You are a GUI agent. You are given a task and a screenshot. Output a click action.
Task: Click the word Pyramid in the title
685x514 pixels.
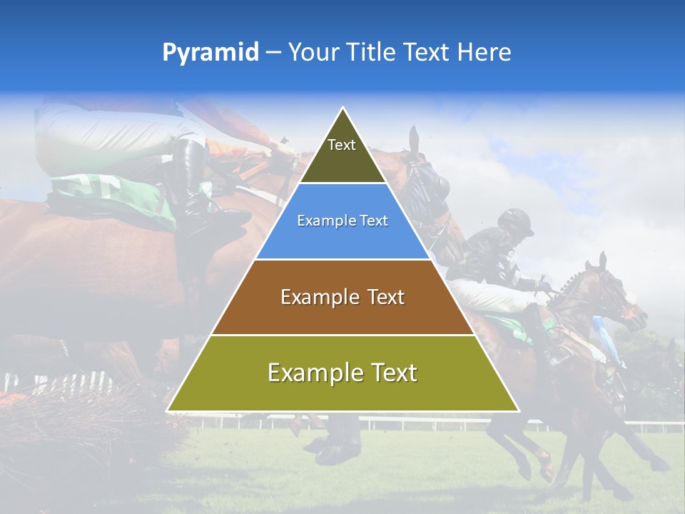click(x=210, y=53)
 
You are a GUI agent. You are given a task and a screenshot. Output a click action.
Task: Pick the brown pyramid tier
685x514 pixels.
click(x=342, y=298)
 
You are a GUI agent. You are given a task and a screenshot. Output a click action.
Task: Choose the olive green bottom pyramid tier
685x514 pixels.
click(x=342, y=374)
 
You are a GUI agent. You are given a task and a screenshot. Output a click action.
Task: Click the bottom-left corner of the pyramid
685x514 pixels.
click(x=168, y=410)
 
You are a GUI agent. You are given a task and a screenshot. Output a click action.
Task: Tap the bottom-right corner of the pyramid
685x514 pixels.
click(x=517, y=410)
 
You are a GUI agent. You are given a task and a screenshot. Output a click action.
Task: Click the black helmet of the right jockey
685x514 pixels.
click(x=516, y=221)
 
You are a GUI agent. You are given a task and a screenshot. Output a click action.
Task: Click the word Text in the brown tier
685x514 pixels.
click(x=385, y=297)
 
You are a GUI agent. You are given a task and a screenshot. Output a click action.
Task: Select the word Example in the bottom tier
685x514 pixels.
click(x=311, y=373)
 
